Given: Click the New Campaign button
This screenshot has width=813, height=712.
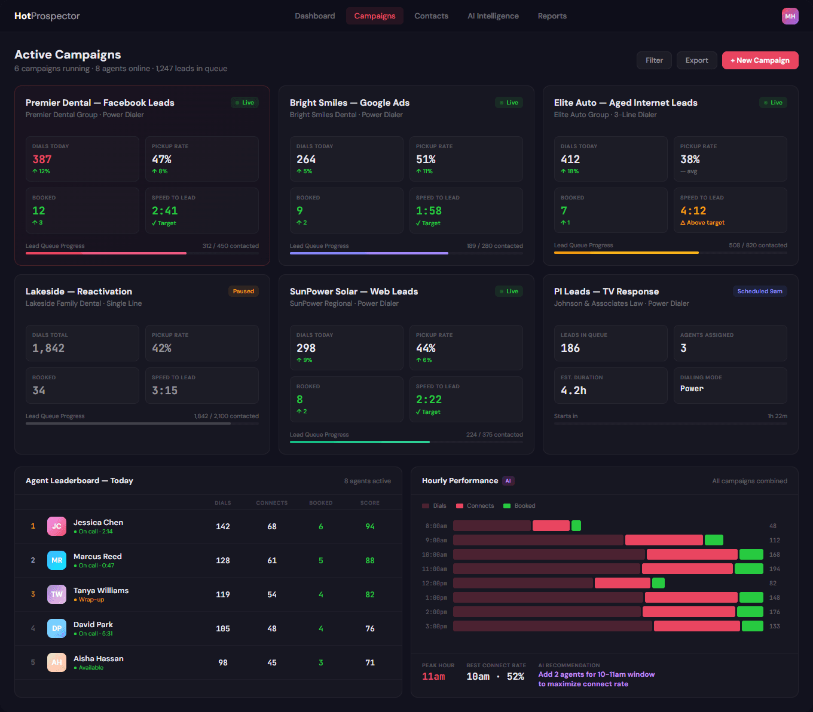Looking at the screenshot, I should (x=760, y=60).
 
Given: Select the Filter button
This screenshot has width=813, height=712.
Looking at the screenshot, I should (x=654, y=60).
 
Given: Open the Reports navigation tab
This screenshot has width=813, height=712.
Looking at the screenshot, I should (x=552, y=16).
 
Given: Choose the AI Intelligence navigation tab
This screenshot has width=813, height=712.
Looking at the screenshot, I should (x=493, y=16).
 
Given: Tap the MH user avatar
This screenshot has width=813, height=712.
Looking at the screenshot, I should (x=790, y=16).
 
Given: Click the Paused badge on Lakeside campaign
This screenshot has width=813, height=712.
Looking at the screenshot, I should (x=243, y=291).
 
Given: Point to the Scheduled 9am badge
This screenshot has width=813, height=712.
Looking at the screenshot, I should (x=759, y=291).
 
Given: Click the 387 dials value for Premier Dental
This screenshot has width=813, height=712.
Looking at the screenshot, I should (x=42, y=159).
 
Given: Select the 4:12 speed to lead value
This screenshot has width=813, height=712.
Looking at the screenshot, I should (x=693, y=211).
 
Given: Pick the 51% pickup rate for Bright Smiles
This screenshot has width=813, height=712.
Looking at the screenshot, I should (x=426, y=159).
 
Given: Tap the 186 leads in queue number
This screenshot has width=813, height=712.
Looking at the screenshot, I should (x=570, y=348).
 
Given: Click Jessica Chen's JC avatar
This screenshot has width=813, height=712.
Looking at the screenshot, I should (x=57, y=526).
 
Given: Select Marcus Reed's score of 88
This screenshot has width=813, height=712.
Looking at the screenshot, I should (x=370, y=560).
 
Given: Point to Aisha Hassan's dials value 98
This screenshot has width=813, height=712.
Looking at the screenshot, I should (x=223, y=662).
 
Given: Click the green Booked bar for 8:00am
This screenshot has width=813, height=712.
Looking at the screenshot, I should (x=576, y=526).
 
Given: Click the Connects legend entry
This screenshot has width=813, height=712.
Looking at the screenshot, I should (x=475, y=506).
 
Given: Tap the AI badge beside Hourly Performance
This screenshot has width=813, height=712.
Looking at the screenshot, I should (x=508, y=481).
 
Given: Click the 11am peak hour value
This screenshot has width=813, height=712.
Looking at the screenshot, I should (x=433, y=677).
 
